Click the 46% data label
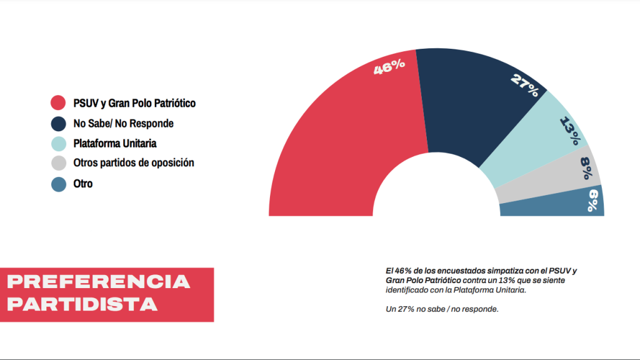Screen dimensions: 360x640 pyautogui.click(x=389, y=67)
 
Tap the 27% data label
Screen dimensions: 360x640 pyautogui.click(x=524, y=85)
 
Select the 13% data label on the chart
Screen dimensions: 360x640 pyautogui.click(x=569, y=131)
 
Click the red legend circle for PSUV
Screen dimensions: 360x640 pyautogui.click(x=59, y=103)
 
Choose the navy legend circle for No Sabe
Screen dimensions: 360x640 pyautogui.click(x=59, y=124)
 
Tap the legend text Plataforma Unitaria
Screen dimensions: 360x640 pyautogui.click(x=114, y=143)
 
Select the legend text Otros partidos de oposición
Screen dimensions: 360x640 pyautogui.click(x=133, y=163)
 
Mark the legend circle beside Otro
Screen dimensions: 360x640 pyautogui.click(x=59, y=184)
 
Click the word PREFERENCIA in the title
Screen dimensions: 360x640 pyautogui.click(x=98, y=282)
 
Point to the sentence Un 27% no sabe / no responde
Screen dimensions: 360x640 pyautogui.click(x=442, y=309)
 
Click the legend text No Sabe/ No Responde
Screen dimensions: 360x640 pyautogui.click(x=123, y=124)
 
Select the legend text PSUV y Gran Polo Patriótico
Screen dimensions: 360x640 pyautogui.click(x=134, y=103)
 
